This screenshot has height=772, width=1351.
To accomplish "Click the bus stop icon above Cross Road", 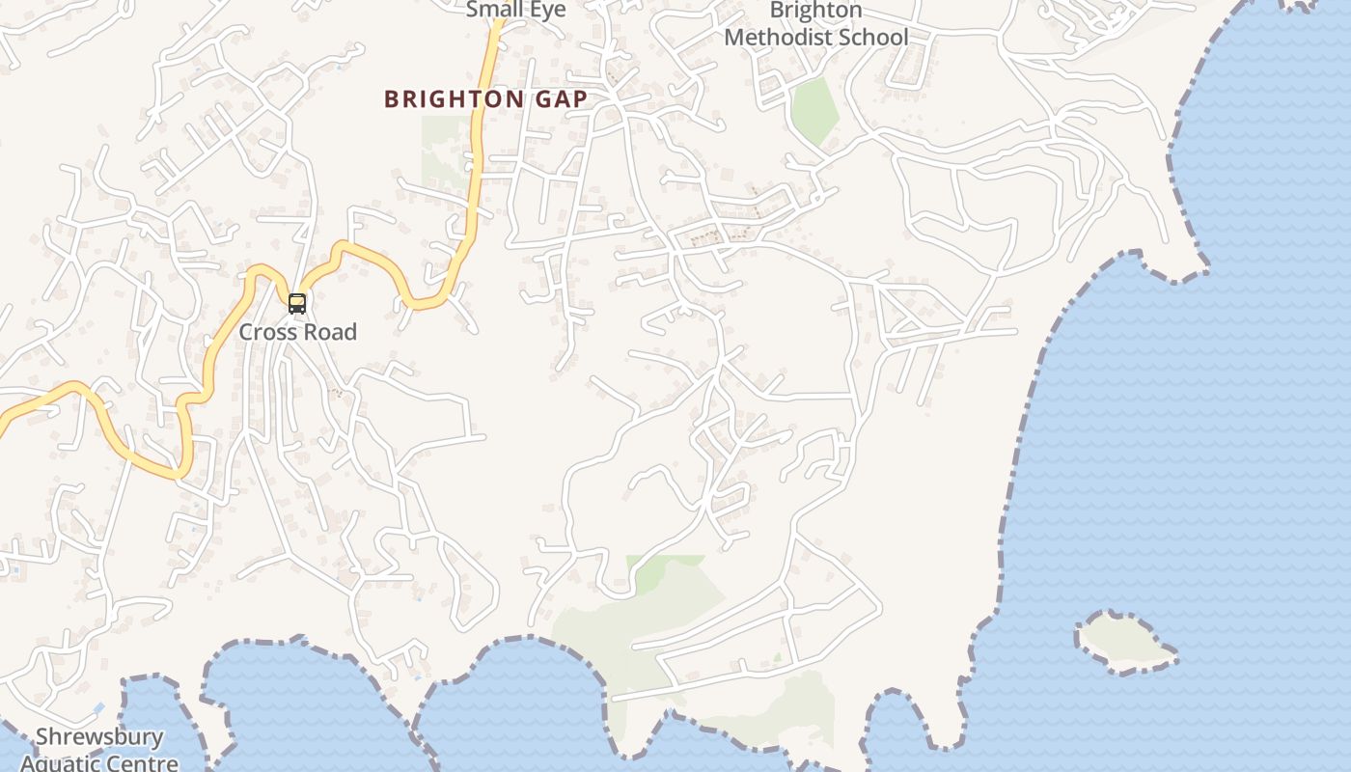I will click(297, 304).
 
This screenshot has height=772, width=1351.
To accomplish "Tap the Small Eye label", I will click(515, 10).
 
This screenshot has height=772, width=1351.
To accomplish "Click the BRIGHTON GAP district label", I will click(485, 99).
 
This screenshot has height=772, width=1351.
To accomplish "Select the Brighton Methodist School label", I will click(815, 24).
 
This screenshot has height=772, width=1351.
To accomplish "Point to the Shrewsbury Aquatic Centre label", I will click(99, 750).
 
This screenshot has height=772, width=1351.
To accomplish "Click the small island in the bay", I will click(1124, 641).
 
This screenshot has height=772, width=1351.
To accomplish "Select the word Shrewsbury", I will click(99, 738).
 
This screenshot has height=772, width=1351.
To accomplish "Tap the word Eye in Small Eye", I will click(546, 10).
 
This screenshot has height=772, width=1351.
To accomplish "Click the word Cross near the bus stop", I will click(265, 332).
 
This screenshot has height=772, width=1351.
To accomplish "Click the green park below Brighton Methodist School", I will click(813, 110).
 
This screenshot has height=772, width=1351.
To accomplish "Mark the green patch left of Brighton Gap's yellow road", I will click(443, 150).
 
